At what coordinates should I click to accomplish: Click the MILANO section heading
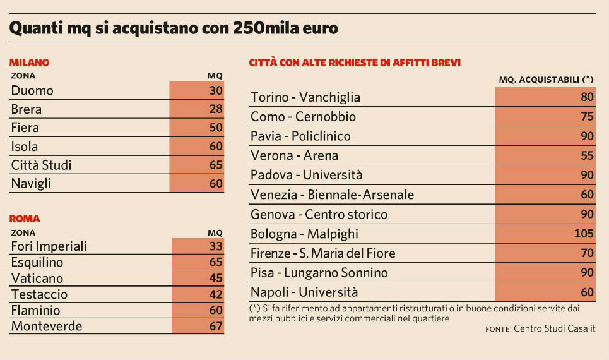pyautogui.click(x=29, y=63)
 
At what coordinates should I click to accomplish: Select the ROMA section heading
pyautogui.click(x=25, y=219)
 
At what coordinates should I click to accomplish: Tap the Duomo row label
pyautogui.click(x=32, y=90)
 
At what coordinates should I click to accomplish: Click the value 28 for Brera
pyautogui.click(x=216, y=109)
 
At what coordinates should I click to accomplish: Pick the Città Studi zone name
pyautogui.click(x=42, y=165)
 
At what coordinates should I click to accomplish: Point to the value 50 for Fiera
pyautogui.click(x=216, y=128)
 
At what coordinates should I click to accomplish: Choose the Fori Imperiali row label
pyautogui.click(x=49, y=246)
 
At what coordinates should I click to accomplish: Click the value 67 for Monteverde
pyautogui.click(x=216, y=327)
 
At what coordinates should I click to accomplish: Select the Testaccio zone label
pyautogui.click(x=39, y=294)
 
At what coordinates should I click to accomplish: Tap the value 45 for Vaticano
pyautogui.click(x=216, y=279)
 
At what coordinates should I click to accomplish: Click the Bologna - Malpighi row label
pyautogui.click(x=304, y=234)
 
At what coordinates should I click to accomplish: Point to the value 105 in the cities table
pyautogui.click(x=584, y=234)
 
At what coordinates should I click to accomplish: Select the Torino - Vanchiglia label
pyautogui.click(x=305, y=97)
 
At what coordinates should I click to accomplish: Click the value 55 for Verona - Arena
pyautogui.click(x=587, y=155)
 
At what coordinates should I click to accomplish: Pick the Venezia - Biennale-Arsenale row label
pyautogui.click(x=332, y=195)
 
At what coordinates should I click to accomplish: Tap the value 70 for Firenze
pyautogui.click(x=587, y=253)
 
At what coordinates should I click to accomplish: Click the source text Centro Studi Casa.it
pyautogui.click(x=554, y=328)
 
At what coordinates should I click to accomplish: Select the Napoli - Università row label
pyautogui.click(x=304, y=292)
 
